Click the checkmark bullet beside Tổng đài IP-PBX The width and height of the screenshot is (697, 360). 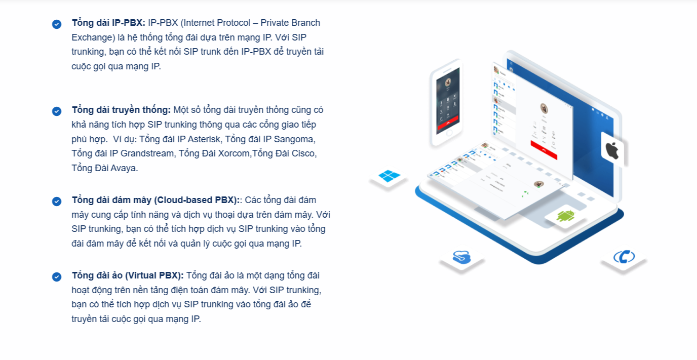57,24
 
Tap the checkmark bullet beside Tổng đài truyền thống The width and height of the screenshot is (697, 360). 57,111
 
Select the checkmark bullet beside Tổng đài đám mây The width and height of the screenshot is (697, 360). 57,202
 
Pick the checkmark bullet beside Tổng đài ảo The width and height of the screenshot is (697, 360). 57,277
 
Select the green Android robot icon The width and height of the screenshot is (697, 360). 566,216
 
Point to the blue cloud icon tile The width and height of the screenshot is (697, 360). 462,258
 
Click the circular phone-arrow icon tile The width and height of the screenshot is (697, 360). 624,257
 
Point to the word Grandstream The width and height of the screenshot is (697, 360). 147,153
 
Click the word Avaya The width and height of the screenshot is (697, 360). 124,168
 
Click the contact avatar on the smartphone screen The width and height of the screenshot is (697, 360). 448,83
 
